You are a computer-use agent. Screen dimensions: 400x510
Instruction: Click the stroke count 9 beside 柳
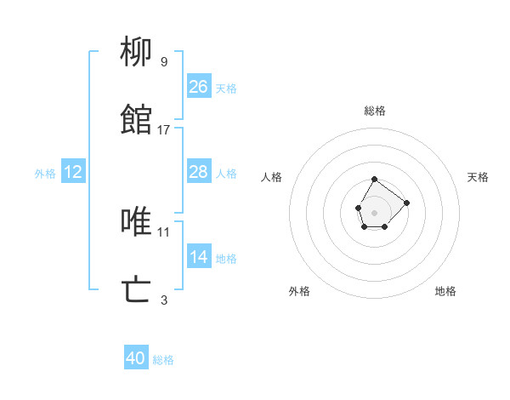point(164,61)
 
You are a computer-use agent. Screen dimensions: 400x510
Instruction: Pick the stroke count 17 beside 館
point(164,129)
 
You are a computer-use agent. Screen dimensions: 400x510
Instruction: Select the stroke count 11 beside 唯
point(164,231)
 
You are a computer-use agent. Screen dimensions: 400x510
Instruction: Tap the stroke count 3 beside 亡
point(164,299)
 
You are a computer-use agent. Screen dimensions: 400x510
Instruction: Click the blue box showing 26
point(199,87)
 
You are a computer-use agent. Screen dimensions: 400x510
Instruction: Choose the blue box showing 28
point(199,172)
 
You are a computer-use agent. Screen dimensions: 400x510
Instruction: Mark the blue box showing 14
point(199,257)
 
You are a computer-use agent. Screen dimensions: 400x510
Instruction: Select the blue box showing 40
point(136,358)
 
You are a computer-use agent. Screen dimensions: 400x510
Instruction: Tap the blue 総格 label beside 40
point(163,360)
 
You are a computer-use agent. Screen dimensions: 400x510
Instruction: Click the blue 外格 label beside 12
point(45,174)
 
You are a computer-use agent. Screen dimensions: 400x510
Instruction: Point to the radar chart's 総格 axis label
point(375,111)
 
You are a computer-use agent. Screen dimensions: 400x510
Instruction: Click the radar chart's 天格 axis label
point(479,177)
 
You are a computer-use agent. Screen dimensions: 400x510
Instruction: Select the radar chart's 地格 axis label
point(445,291)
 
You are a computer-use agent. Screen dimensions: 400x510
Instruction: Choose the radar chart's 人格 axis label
point(272,177)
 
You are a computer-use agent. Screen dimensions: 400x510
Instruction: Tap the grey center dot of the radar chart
point(374,211)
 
